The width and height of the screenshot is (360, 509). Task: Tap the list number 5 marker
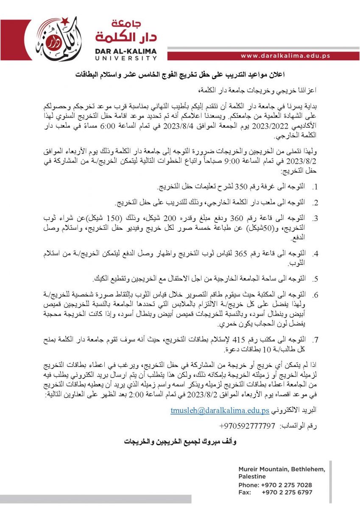pos(315,280)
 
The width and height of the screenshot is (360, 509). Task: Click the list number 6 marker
pos(315,294)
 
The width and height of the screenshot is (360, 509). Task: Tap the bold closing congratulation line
pos(180,442)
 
